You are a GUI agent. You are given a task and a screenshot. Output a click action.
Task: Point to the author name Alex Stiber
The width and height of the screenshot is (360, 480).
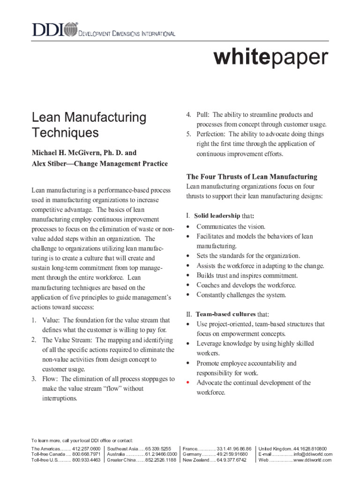(49, 164)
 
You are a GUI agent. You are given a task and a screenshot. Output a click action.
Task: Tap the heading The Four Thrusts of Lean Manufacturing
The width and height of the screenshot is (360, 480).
(252, 177)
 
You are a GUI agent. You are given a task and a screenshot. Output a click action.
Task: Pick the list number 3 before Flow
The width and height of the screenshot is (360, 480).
(34, 378)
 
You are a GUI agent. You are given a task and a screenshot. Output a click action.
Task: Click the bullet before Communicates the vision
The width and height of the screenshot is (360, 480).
(188, 226)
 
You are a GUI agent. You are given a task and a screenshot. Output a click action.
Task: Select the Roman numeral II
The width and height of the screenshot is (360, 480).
(189, 314)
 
